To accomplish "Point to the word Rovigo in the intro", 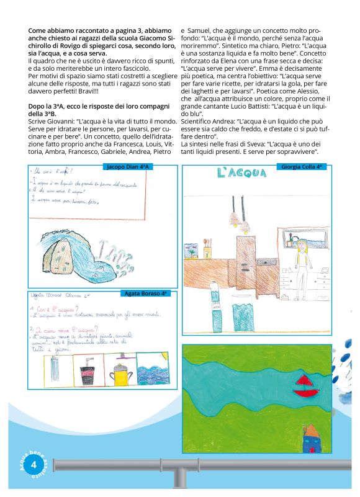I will pyautogui.click(x=64, y=48).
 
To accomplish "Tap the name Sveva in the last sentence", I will pyautogui.click(x=263, y=143).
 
